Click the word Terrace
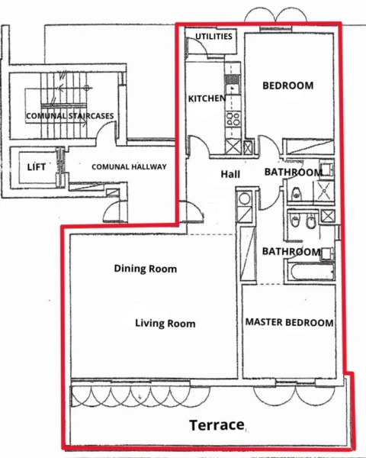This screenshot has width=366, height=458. (217, 424)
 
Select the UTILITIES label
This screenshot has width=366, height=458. (214, 37)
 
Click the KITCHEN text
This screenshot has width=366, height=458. (206, 99)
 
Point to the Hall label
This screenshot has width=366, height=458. (230, 175)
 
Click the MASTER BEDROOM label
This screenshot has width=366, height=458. (289, 323)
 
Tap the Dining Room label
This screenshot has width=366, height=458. (145, 269)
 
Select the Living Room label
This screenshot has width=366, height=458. (165, 324)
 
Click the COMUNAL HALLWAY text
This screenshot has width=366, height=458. (129, 166)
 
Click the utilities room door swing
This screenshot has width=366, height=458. (194, 47)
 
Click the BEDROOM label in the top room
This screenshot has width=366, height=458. (287, 85)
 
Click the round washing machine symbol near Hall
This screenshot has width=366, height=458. (244, 198)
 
